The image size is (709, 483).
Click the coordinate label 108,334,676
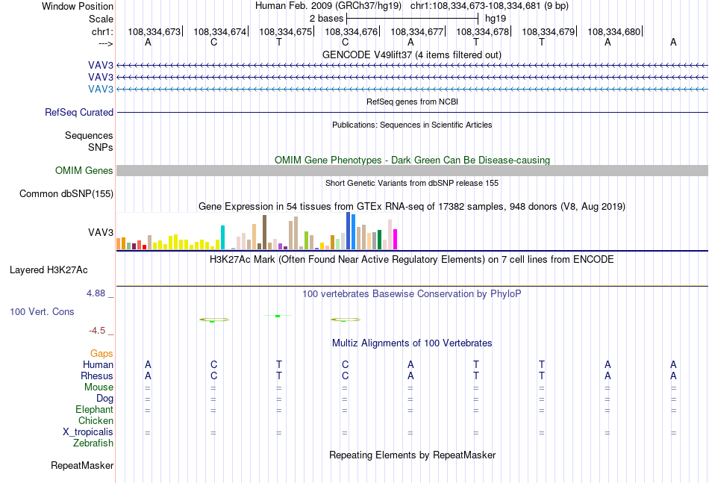pyautogui.click(x=351, y=31)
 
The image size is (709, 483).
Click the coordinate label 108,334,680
pyautogui.click(x=613, y=31)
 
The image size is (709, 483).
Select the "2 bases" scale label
pyautogui.click(x=326, y=19)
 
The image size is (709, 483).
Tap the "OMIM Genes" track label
pyautogui.click(x=84, y=170)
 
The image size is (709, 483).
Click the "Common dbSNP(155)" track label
pyautogui.click(x=66, y=193)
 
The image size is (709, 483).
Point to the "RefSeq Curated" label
pyautogui.click(x=79, y=112)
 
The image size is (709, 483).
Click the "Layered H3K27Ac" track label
pyautogui.click(x=49, y=270)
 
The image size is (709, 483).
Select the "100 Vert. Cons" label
pyautogui.click(x=42, y=311)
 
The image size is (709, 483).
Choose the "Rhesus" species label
pyautogui.click(x=97, y=376)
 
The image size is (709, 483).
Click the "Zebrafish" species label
pyautogui.click(x=93, y=443)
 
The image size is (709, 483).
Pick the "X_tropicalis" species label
pyautogui.click(x=88, y=432)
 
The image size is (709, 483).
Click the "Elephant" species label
pyautogui.click(x=95, y=409)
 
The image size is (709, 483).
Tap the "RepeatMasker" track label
pyautogui.click(x=82, y=465)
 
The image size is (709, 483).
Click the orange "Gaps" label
pyautogui.click(x=101, y=353)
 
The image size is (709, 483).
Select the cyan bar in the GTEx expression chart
pyautogui.click(x=222, y=237)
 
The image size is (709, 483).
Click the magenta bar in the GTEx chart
pyautogui.click(x=396, y=239)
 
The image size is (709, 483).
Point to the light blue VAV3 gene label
pyautogui.click(x=101, y=89)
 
